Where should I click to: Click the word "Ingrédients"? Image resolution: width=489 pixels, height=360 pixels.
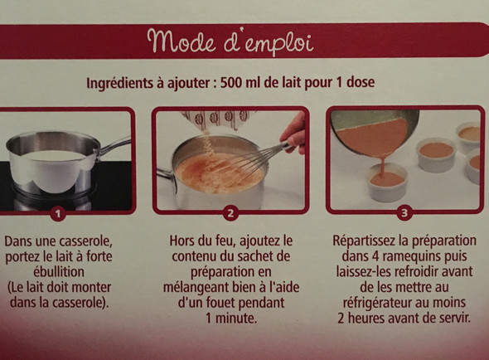click(121, 84)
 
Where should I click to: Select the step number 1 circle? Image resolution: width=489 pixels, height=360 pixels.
click(58, 214)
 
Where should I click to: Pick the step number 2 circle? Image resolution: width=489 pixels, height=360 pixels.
click(230, 213)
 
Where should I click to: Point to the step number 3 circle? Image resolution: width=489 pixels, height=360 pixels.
click(404, 213)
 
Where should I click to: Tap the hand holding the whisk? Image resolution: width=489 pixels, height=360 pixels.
click(293, 133)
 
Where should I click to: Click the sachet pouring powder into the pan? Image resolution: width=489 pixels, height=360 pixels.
click(217, 120)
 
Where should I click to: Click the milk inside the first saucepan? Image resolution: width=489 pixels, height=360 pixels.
click(55, 155)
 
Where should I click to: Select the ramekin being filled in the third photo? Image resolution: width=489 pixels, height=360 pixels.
click(388, 182)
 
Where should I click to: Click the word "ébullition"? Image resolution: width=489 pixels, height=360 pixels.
click(59, 271)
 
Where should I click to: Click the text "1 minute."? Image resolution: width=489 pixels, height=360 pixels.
click(231, 319)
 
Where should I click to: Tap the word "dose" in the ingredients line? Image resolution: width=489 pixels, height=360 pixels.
click(361, 82)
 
